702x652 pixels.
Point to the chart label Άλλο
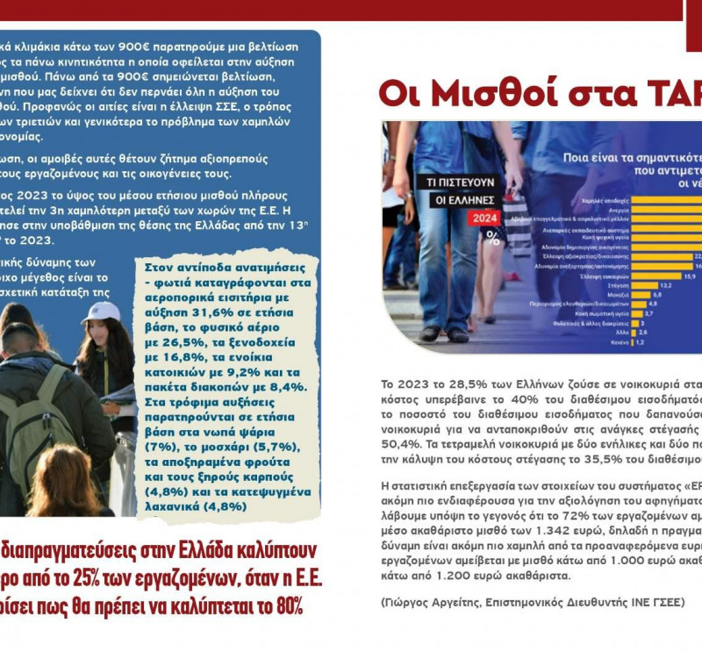621,333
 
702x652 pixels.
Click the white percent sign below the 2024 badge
492,238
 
